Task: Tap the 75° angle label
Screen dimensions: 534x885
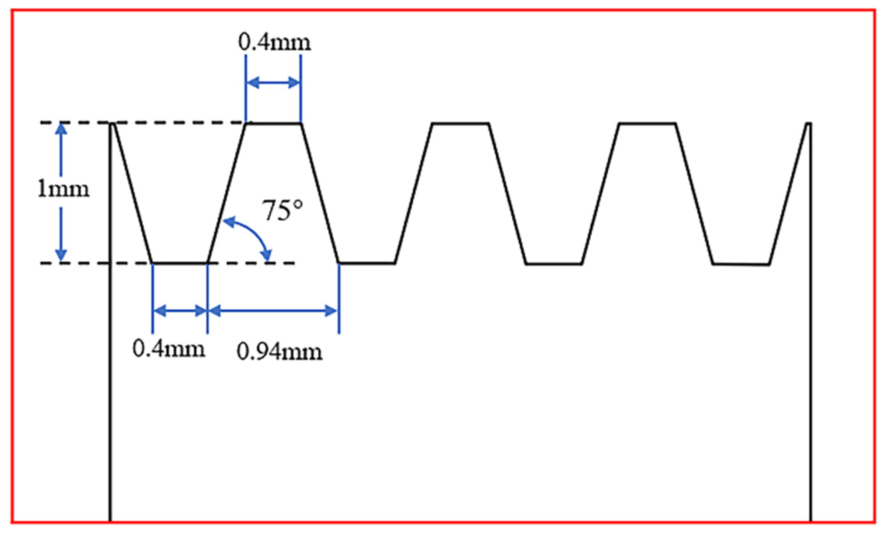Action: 283,211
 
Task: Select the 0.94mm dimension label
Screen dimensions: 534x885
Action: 279,352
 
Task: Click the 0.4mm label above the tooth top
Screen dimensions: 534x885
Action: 275,43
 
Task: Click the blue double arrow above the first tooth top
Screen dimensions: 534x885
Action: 273,82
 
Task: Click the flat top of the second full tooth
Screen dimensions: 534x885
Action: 461,123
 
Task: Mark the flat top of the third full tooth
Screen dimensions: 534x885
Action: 647,123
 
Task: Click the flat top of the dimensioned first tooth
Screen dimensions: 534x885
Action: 273,123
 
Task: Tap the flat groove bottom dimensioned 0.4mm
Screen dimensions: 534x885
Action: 180,263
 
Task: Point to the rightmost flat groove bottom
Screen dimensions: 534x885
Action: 741,264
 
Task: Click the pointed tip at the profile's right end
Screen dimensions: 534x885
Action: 809,124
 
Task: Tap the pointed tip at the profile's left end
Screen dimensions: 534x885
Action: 113,124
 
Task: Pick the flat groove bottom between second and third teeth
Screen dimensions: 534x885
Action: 554,264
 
